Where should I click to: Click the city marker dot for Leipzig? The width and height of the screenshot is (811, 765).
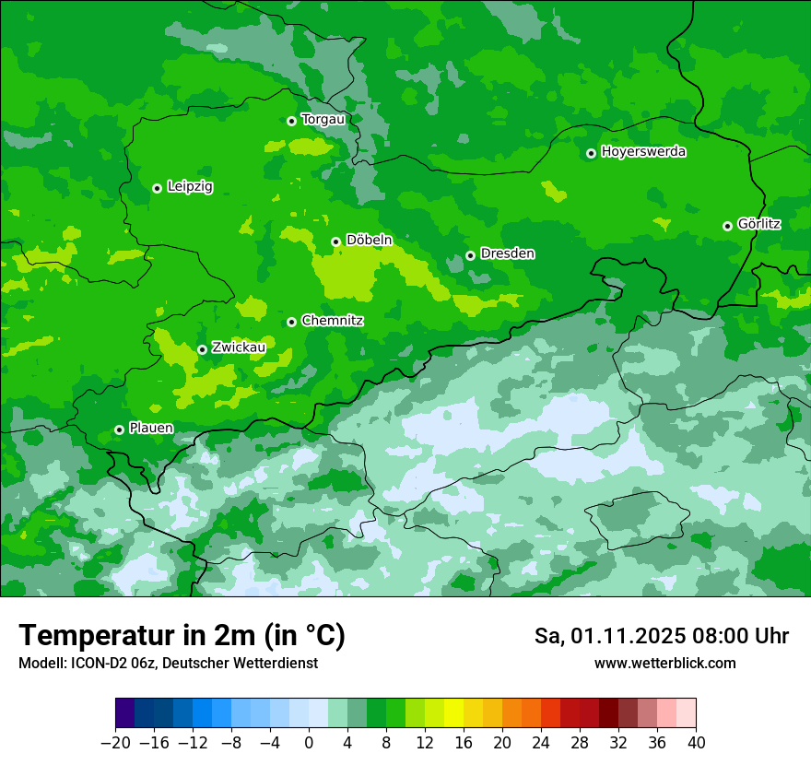157,188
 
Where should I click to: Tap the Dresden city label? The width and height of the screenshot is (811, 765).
507,253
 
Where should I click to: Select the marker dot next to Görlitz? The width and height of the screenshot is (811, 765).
727,226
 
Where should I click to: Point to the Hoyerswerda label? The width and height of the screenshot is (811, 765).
643,151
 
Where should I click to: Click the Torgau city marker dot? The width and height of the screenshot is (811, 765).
291,121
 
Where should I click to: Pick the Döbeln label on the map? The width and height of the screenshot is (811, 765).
369,240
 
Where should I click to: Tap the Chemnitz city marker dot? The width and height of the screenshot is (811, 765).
291,322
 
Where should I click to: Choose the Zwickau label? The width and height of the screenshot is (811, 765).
239,347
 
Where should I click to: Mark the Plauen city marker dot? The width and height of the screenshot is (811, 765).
119,430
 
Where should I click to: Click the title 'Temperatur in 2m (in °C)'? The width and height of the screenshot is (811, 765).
182,635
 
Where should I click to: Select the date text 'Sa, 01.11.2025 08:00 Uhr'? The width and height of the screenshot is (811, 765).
661,636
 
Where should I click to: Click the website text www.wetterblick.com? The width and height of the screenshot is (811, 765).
664,663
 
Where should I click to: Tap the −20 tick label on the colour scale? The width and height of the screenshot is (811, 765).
115,743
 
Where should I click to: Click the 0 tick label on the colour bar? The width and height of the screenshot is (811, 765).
309,743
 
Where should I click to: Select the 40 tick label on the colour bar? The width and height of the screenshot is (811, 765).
696,743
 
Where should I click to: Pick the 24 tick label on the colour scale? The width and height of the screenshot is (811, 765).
541,743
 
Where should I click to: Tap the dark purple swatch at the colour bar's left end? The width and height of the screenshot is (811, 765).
125,713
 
